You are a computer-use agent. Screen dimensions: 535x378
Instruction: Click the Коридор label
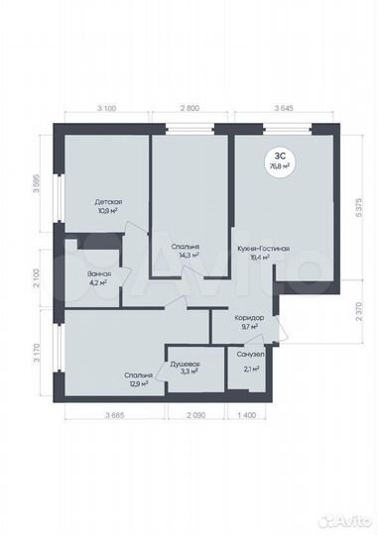tap(248, 316)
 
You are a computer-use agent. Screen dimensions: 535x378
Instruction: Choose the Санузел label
tap(251, 354)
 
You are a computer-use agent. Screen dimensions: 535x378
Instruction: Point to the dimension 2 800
tap(190, 105)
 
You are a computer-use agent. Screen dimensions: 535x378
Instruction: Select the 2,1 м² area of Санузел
tap(252, 369)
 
